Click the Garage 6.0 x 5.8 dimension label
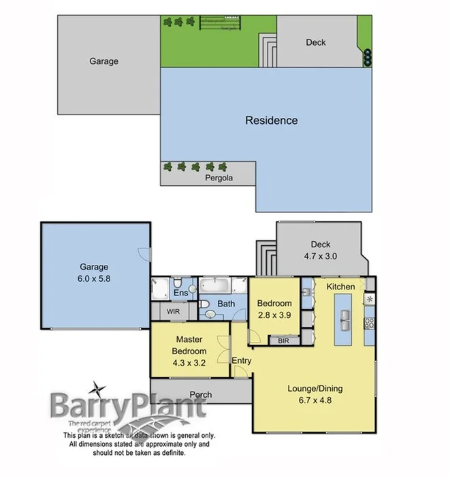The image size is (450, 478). (x=92, y=278)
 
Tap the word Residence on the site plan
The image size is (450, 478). (x=271, y=121)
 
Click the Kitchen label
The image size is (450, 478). (x=340, y=287)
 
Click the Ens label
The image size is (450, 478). (x=180, y=293)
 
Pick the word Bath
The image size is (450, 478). (x=227, y=304)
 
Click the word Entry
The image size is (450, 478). (x=242, y=361)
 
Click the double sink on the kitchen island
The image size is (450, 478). (x=344, y=318)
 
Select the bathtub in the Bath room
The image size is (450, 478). (x=214, y=285)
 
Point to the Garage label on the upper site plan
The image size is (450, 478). (x=103, y=61)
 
